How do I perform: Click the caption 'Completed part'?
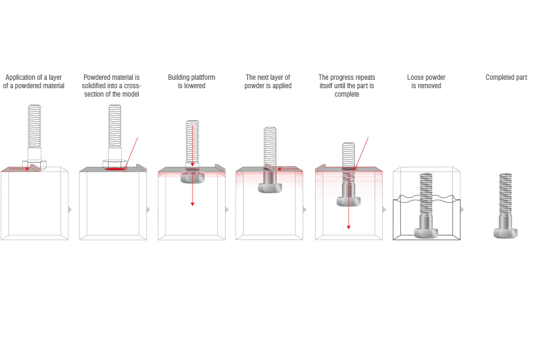(506, 77)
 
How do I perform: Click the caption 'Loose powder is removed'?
(426, 82)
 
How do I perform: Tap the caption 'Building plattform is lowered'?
(191, 82)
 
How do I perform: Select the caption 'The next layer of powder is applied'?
(268, 82)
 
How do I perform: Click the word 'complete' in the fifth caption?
(347, 94)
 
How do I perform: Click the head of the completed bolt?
(505, 232)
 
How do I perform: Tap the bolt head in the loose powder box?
(426, 232)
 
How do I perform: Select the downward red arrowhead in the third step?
(192, 204)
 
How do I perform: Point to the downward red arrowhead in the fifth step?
(348, 227)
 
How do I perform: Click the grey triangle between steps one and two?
(70, 209)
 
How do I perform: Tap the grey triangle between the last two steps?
(462, 209)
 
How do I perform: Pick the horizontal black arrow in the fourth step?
(287, 169)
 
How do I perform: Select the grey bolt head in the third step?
(192, 178)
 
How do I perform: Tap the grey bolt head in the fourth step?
(270, 188)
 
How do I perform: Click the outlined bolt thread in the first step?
(34, 126)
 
